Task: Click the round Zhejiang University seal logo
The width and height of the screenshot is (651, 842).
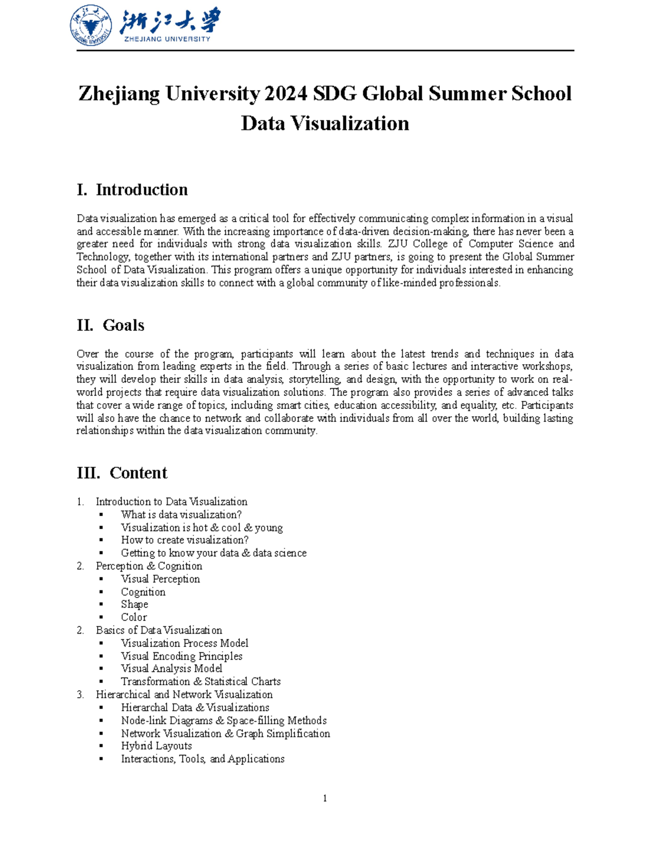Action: (91, 25)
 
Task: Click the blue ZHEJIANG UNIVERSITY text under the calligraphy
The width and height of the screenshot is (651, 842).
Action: (167, 39)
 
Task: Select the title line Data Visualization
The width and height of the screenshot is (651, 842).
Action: (325, 123)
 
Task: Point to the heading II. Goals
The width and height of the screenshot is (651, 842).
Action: (111, 325)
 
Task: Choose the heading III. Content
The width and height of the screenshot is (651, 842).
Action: (122, 473)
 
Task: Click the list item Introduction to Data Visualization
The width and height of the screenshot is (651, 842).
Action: (171, 502)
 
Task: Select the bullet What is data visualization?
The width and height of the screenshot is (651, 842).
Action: (181, 515)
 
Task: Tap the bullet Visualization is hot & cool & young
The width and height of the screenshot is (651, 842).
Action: (202, 528)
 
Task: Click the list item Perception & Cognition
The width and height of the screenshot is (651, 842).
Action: (149, 566)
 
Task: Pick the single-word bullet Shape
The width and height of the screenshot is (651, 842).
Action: (135, 605)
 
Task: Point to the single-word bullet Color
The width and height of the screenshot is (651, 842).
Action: (134, 618)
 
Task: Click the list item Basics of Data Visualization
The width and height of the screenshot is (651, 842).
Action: (159, 630)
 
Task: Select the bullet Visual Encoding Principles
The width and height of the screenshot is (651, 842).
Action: (182, 656)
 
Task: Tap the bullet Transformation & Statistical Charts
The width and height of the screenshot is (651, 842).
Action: (201, 682)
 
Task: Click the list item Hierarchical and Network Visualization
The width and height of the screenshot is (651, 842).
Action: (184, 695)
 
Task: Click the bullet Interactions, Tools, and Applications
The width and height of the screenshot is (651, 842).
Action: (203, 759)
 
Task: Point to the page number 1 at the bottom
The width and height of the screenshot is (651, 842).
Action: (325, 798)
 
